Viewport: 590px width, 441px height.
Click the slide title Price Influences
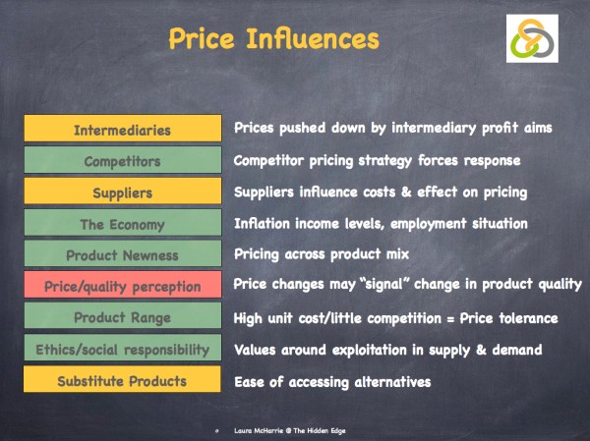click(273, 39)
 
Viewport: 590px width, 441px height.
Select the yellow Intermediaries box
click(122, 130)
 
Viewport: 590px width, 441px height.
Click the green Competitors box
click(122, 161)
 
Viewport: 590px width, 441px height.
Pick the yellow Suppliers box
click(122, 193)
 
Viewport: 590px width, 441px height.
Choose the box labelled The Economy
click(122, 224)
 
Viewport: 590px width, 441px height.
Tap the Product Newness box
click(122, 255)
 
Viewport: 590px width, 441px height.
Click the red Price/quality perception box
click(122, 287)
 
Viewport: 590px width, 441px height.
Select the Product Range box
click(122, 318)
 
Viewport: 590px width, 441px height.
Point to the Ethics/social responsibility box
click(122, 350)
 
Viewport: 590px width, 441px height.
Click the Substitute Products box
click(122, 381)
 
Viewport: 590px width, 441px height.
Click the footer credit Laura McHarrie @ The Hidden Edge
click(284, 429)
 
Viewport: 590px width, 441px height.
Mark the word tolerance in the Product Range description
click(524, 318)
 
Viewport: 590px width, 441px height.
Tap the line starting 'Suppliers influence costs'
click(380, 192)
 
